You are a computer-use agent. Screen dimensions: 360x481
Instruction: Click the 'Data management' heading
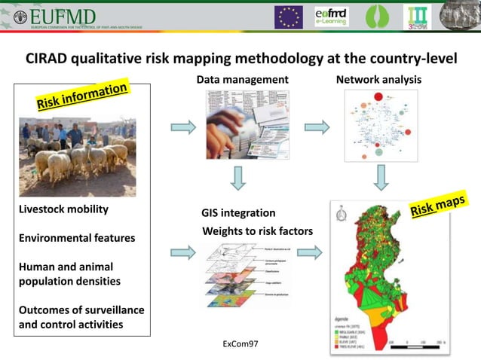[242, 79]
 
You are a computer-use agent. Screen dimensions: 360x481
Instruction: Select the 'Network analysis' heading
[378, 79]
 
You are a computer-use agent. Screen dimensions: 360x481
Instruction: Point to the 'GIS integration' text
[238, 213]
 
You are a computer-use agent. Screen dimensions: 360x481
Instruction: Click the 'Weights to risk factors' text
[257, 230]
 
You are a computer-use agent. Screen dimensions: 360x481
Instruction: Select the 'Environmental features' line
[78, 238]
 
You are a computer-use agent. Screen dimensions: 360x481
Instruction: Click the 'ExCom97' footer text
[240, 343]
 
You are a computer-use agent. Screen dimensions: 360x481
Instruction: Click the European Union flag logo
[288, 17]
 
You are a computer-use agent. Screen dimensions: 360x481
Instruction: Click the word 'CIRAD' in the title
[49, 59]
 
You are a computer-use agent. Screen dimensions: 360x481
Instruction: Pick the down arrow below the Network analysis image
[381, 178]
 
